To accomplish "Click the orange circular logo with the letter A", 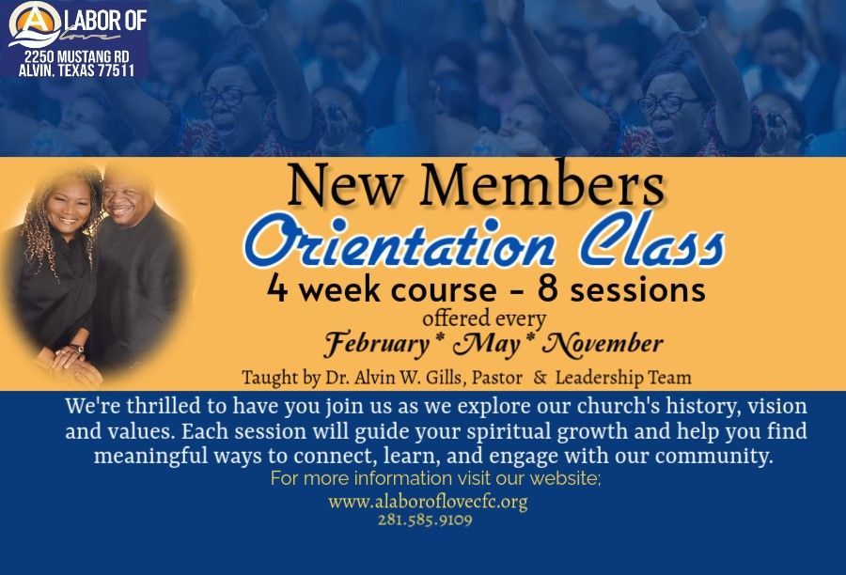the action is pyautogui.click(x=34, y=22).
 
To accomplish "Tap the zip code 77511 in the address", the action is pyautogui.click(x=116, y=70).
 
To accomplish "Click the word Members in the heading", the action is pyautogui.click(x=541, y=184).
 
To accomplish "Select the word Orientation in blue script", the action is pyautogui.click(x=399, y=241).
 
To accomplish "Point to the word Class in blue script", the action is pyautogui.click(x=651, y=239).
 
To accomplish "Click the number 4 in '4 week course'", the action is pyautogui.click(x=277, y=288).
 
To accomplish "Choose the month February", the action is pyautogui.click(x=376, y=344).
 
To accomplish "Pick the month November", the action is pyautogui.click(x=603, y=344).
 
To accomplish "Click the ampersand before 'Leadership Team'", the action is pyautogui.click(x=539, y=378).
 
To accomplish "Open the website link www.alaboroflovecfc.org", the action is pyautogui.click(x=428, y=502).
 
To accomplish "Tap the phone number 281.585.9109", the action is pyautogui.click(x=425, y=520).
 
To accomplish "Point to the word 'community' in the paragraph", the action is pyautogui.click(x=712, y=457).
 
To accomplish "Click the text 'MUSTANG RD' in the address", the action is pyautogui.click(x=93, y=57).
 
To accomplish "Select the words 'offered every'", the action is pyautogui.click(x=484, y=319).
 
